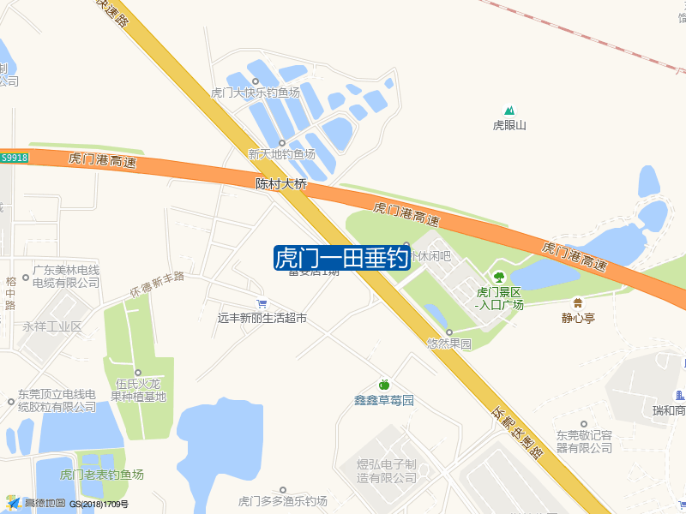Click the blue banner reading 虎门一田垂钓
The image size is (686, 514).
pyautogui.click(x=341, y=258)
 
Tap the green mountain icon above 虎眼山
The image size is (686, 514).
pyautogui.click(x=510, y=111)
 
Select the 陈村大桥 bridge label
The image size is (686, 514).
pyautogui.click(x=281, y=183)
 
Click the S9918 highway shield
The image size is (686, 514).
pyautogui.click(x=15, y=158)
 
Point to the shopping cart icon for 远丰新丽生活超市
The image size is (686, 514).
pyautogui.click(x=262, y=303)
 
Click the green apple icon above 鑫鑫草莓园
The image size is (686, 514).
pyautogui.click(x=384, y=385)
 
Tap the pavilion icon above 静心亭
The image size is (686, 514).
pyautogui.click(x=578, y=302)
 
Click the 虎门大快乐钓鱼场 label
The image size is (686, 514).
pyautogui.click(x=256, y=93)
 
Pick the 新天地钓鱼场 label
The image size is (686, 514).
pyautogui.click(x=281, y=154)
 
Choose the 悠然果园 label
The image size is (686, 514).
pyautogui.click(x=448, y=344)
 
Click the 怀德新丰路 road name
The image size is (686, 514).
pyautogui.click(x=158, y=283)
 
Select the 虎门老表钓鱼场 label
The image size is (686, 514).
pyautogui.click(x=101, y=474)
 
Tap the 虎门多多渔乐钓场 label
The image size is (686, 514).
pyautogui.click(x=283, y=500)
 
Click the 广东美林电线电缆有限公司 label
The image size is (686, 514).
pyautogui.click(x=66, y=276)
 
